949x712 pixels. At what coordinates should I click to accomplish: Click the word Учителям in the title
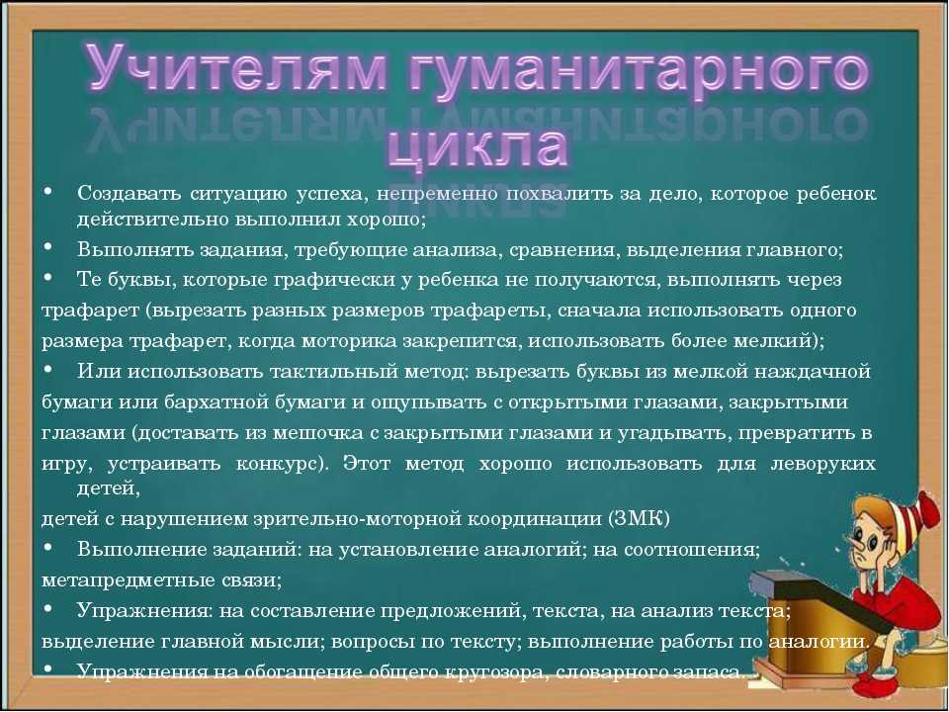(236, 68)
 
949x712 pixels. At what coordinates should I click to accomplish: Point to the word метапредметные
(110, 580)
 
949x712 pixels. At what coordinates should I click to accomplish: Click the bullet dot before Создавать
(47, 192)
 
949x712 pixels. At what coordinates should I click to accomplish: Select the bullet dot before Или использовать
(47, 369)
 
